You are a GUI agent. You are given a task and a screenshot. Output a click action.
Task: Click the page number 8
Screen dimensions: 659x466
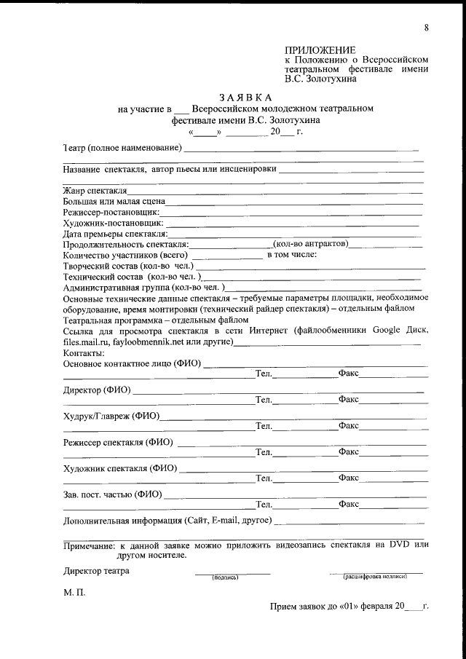coord(426,28)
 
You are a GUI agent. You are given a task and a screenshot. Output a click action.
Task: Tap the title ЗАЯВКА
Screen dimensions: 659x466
coord(245,97)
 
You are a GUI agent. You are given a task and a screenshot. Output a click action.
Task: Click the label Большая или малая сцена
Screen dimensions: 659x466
coord(114,201)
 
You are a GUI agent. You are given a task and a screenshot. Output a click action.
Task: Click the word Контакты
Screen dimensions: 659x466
coord(84,352)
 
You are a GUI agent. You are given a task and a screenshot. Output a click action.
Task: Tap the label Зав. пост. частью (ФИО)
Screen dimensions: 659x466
coord(112,494)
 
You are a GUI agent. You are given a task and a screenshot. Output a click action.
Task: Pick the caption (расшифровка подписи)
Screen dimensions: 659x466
coord(375,577)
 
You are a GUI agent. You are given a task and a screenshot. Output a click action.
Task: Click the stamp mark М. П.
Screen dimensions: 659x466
coord(74,592)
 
